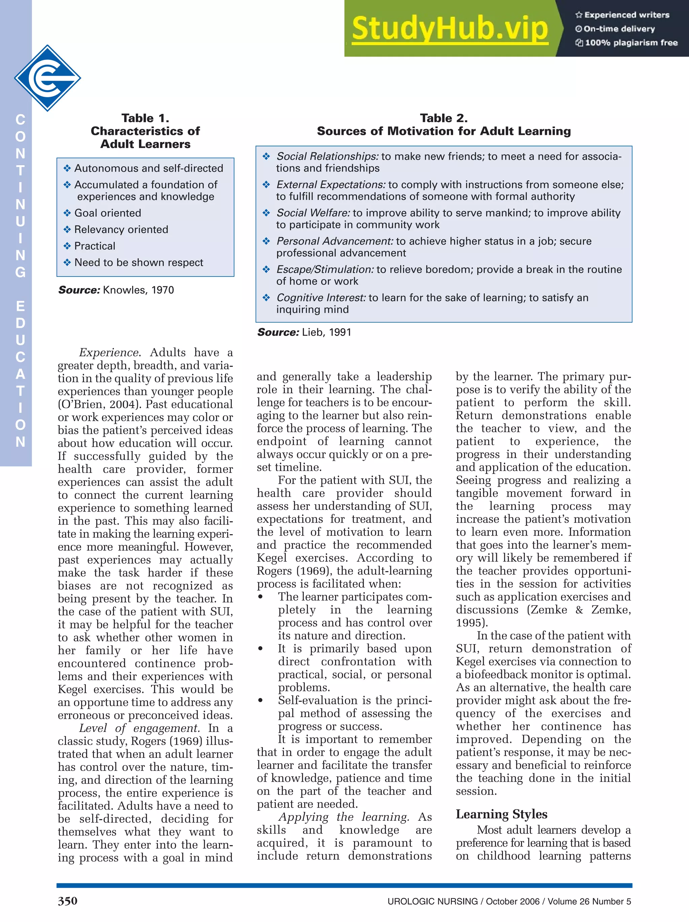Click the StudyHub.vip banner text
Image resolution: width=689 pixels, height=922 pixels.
click(449, 28)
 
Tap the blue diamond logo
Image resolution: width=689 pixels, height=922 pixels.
click(47, 78)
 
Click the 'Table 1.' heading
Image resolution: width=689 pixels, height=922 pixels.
click(145, 118)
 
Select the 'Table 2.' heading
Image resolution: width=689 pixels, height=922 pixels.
click(443, 118)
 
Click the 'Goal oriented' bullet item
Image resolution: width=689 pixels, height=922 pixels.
click(108, 213)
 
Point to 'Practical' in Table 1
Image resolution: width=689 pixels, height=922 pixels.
click(95, 246)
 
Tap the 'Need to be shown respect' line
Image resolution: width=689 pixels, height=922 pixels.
click(138, 263)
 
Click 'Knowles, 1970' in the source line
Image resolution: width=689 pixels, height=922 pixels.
click(138, 290)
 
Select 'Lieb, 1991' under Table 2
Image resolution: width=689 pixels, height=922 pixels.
click(326, 332)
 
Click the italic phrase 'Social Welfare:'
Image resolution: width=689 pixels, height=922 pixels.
click(313, 213)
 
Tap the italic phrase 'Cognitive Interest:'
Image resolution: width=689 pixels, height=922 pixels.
click(321, 298)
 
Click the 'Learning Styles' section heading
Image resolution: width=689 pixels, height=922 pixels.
click(501, 814)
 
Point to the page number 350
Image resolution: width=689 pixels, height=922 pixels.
click(68, 901)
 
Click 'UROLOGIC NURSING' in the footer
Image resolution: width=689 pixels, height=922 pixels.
click(432, 901)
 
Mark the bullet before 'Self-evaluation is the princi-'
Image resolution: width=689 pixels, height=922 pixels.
click(260, 701)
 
